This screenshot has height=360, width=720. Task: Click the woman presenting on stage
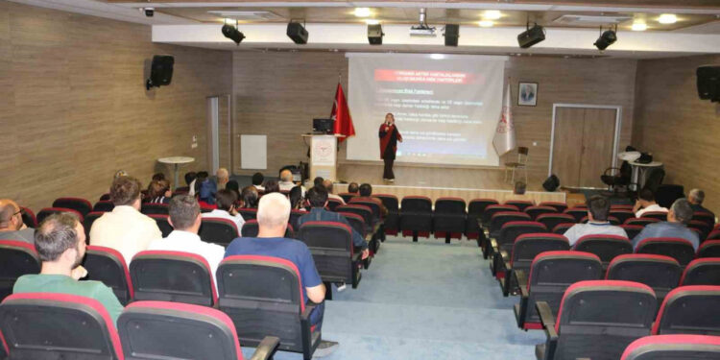click(x=389, y=146)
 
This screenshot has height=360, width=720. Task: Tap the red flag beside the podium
click(x=342, y=113)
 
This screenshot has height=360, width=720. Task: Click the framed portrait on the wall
click(x=528, y=93)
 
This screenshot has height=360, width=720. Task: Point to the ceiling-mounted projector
click(x=422, y=29)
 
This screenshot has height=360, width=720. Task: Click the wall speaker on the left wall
click(x=160, y=70)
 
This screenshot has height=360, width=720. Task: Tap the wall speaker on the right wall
click(x=708, y=83)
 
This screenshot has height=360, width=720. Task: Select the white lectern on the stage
click(x=324, y=156)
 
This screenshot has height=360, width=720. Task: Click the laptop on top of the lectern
click(x=324, y=126)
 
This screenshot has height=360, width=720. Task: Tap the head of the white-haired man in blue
click(x=274, y=211)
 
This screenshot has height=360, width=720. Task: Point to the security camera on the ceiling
click(x=148, y=12)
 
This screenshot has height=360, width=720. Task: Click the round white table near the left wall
click(x=176, y=162)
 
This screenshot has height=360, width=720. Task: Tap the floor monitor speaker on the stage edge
click(x=551, y=182)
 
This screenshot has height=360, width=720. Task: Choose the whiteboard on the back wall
click(x=253, y=152)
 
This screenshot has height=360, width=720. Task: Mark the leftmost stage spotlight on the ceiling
click(x=233, y=33)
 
